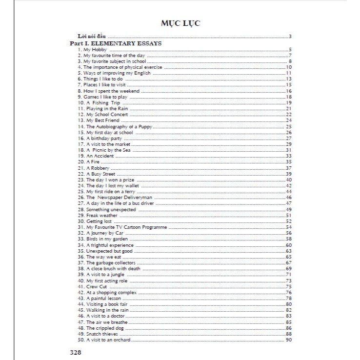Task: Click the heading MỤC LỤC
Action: [x=180, y=23]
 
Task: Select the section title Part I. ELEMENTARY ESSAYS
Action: [x=116, y=43]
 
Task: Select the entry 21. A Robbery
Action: [x=94, y=168]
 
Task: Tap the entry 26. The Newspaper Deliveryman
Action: [x=112, y=198]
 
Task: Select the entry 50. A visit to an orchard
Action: [x=104, y=340]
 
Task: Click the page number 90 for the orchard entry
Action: [x=289, y=340]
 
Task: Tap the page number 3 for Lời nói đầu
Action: [x=290, y=37]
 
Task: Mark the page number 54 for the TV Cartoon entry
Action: [x=289, y=227]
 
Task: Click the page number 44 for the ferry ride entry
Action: [x=289, y=192]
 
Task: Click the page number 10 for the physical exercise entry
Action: [x=289, y=67]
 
